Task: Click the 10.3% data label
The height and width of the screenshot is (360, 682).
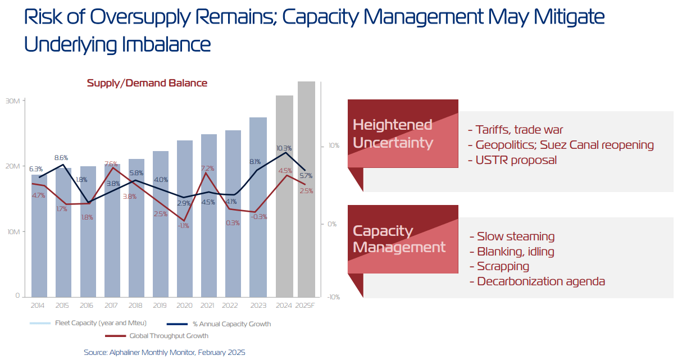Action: tap(284, 148)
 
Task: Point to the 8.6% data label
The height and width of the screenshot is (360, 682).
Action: tap(61, 158)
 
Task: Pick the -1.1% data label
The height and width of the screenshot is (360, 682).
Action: tap(183, 226)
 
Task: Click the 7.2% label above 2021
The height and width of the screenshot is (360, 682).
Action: tap(207, 168)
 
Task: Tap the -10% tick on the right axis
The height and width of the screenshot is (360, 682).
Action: tap(333, 297)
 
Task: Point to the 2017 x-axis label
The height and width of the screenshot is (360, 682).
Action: tap(111, 306)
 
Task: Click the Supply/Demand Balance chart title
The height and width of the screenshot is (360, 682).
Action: tap(147, 83)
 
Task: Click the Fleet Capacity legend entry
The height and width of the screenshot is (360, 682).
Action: tap(99, 323)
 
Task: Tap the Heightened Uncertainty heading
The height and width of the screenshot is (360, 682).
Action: tap(393, 133)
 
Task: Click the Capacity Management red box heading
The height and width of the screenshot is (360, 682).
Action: tap(399, 239)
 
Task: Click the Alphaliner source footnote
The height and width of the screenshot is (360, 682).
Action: tap(165, 352)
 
